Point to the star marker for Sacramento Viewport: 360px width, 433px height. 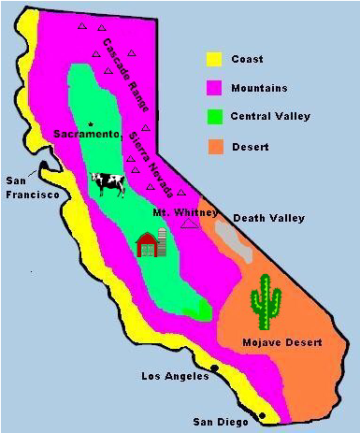click(91, 124)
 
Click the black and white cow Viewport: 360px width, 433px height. click(108, 184)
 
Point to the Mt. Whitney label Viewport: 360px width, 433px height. click(179, 213)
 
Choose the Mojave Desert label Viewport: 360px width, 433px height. click(281, 343)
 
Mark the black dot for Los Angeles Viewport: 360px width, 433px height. click(215, 369)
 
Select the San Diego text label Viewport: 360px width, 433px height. click(220, 423)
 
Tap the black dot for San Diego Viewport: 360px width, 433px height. click(262, 415)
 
